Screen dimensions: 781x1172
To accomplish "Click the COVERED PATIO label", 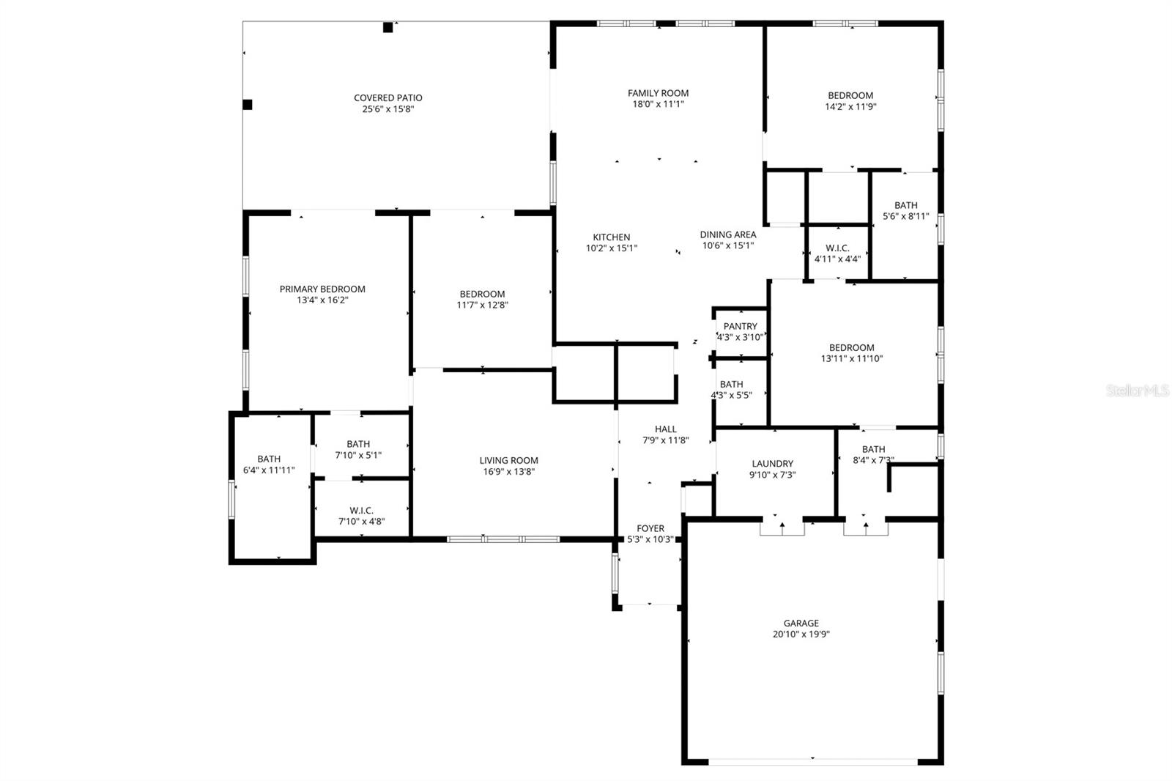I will (387, 97).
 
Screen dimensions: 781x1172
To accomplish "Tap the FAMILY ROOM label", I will (658, 93).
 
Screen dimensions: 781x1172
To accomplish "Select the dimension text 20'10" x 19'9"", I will (801, 634).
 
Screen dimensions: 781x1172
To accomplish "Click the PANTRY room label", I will (740, 326).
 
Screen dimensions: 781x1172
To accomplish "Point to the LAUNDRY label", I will (772, 463).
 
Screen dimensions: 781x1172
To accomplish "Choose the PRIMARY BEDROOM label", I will (322, 289).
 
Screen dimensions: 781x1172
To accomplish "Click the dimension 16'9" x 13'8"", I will (508, 471).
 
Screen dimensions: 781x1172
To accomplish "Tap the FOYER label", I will (650, 528).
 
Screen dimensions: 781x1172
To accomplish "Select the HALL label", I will (665, 429).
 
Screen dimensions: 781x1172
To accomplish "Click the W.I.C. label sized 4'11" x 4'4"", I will (837, 248).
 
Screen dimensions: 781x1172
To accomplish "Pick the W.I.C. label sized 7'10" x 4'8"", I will (361, 510).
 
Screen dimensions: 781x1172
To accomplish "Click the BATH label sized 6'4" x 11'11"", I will (269, 459).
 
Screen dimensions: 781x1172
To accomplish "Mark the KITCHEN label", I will (611, 237).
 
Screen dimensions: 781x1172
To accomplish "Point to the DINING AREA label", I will (727, 234).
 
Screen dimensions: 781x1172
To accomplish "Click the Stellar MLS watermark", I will (1138, 391).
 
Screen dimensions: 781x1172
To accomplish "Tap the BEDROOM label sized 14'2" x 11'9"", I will (850, 95).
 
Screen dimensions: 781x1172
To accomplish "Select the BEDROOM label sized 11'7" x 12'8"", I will (482, 294).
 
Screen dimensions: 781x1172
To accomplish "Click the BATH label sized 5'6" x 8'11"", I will (905, 205).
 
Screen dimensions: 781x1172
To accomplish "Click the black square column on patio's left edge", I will (248, 105).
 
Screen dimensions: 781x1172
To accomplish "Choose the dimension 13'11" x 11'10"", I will (851, 358).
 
